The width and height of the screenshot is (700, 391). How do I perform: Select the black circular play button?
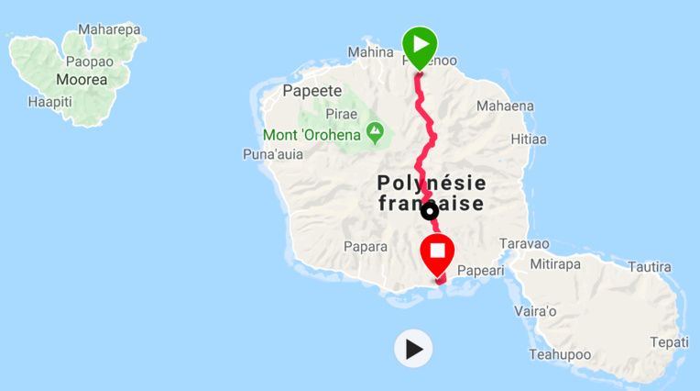pos(414,349)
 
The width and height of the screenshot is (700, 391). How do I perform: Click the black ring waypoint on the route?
pos(429,212)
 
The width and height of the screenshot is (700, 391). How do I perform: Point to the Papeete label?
pos(312,91)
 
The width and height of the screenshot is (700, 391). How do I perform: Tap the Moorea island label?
pos(82,80)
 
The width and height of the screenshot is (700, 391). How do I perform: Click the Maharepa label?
pos(109,29)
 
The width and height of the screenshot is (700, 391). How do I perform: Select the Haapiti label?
pos(49,101)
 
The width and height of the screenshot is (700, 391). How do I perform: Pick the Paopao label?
pos(89,61)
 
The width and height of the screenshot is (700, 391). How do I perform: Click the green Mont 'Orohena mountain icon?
pos(375,133)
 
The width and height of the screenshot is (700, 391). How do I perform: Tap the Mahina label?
pos(370,52)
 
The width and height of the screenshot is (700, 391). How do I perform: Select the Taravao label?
pos(525,243)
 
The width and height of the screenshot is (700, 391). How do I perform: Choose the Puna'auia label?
pos(272,154)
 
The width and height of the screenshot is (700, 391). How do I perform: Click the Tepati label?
pos(669,341)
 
